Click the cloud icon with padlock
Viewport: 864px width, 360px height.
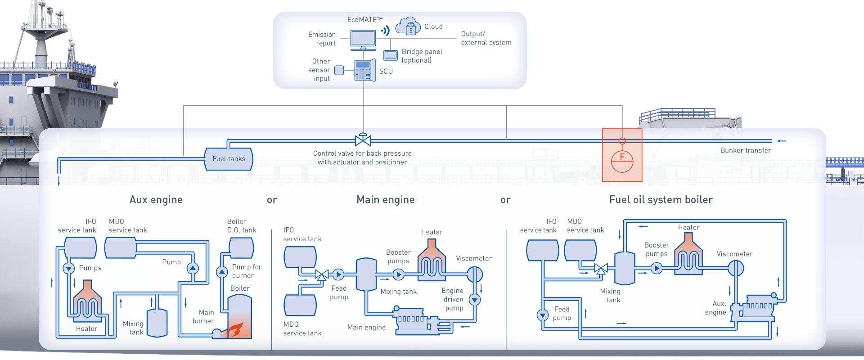pyautogui.click(x=407, y=27)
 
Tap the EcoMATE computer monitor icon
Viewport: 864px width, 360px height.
pyautogui.click(x=363, y=40)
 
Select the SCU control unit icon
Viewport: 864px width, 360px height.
pyautogui.click(x=364, y=71)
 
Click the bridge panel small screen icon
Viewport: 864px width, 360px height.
pyautogui.click(x=390, y=55)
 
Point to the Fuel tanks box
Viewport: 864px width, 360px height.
pyautogui.click(x=229, y=159)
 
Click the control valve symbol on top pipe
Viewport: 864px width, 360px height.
pyautogui.click(x=363, y=140)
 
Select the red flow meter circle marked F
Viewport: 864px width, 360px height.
pyautogui.click(x=622, y=161)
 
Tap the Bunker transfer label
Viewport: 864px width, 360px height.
pyautogui.click(x=745, y=150)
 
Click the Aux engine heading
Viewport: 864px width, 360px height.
pyautogui.click(x=156, y=200)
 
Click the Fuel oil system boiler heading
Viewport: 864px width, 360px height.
pyautogui.click(x=661, y=200)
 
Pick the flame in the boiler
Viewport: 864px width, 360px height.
pyautogui.click(x=236, y=330)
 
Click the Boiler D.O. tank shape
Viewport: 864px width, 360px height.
pyautogui.click(x=241, y=248)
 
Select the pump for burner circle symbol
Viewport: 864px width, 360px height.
pyautogui.click(x=222, y=272)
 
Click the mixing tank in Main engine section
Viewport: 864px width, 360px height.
pyautogui.click(x=366, y=274)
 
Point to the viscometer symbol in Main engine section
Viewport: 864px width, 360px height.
pyautogui.click(x=474, y=274)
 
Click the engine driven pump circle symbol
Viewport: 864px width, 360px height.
pyautogui.click(x=475, y=300)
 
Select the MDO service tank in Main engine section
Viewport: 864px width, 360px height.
pyautogui.click(x=300, y=306)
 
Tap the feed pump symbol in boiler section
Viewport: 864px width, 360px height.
pyautogui.click(x=543, y=315)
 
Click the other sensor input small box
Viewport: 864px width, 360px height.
pyautogui.click(x=339, y=70)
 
